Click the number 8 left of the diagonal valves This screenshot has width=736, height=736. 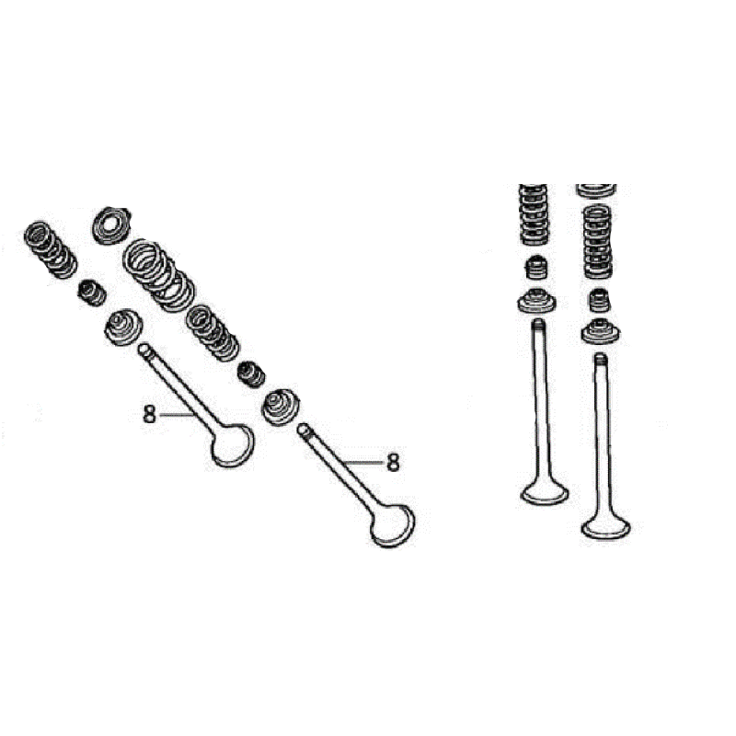click(x=149, y=415)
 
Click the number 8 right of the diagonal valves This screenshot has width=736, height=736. click(x=393, y=462)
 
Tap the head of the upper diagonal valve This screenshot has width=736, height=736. click(x=232, y=445)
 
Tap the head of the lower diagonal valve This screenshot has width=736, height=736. click(x=393, y=525)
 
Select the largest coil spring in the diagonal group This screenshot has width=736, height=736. click(x=158, y=275)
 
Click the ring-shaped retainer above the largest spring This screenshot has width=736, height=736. click(x=110, y=225)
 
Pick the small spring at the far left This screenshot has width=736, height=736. click(x=51, y=249)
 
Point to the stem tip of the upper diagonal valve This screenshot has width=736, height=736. click(x=144, y=349)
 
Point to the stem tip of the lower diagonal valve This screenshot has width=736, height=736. click(x=304, y=429)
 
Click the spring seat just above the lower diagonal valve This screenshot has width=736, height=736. click(x=281, y=407)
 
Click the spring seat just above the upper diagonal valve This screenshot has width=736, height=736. click(x=122, y=327)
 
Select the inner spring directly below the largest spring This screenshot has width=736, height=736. click(x=213, y=333)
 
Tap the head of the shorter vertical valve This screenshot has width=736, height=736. click(x=545, y=493)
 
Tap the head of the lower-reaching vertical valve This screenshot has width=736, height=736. click(x=606, y=526)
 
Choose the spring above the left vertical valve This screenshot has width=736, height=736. click(x=534, y=214)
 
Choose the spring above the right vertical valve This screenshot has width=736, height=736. click(x=597, y=242)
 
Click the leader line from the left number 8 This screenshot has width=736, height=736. click(x=177, y=415)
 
